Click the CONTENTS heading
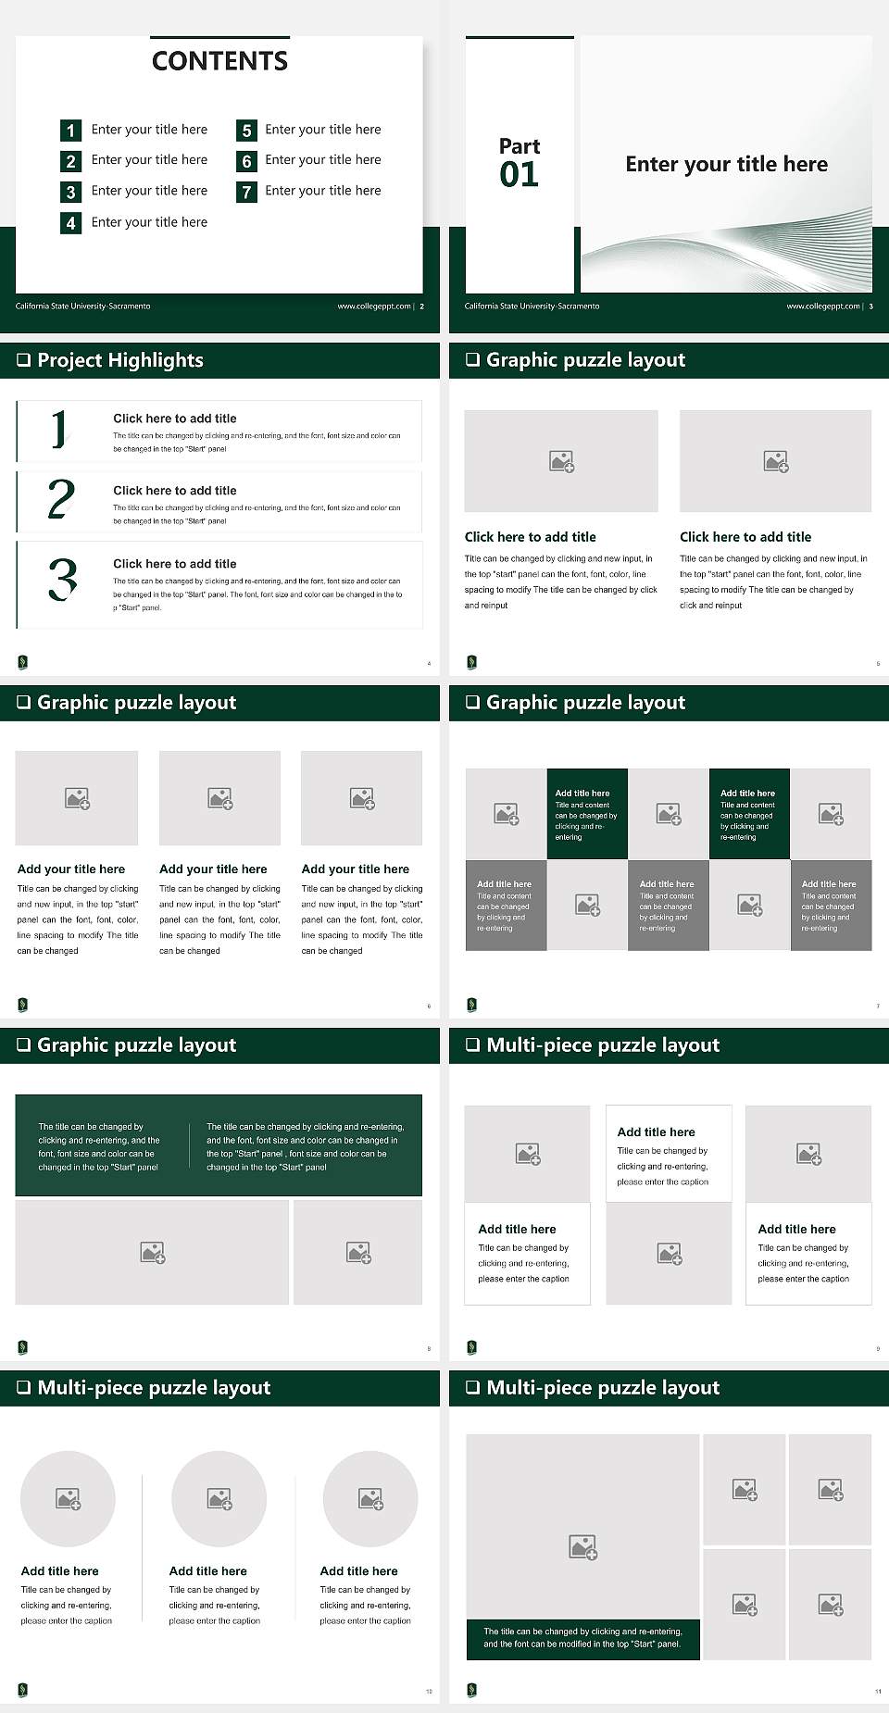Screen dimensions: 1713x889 click(x=219, y=61)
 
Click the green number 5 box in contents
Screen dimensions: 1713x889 click(x=246, y=131)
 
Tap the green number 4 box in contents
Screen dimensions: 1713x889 click(x=70, y=223)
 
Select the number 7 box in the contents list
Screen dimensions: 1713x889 click(x=246, y=192)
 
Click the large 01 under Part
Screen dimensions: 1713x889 click(x=519, y=175)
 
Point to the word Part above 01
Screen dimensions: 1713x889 click(x=519, y=146)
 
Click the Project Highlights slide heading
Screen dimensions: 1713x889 click(x=120, y=360)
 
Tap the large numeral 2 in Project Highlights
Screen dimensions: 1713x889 click(x=61, y=499)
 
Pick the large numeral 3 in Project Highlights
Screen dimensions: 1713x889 click(x=62, y=580)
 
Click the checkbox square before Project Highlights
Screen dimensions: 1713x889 click(x=23, y=360)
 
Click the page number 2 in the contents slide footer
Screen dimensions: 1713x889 click(x=422, y=306)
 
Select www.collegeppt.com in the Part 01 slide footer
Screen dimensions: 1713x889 click(x=822, y=306)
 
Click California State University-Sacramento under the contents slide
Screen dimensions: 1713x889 click(x=82, y=306)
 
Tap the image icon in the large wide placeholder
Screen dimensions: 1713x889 click(x=152, y=1253)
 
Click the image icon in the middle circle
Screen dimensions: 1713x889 click(x=219, y=1498)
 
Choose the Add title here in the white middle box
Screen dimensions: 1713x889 click(x=656, y=1132)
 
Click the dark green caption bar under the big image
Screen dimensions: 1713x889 click(x=582, y=1637)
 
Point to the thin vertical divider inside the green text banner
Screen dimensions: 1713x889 click(x=189, y=1146)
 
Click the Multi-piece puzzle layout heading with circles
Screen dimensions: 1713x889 click(x=154, y=1387)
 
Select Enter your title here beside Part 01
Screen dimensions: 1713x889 click(x=726, y=165)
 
